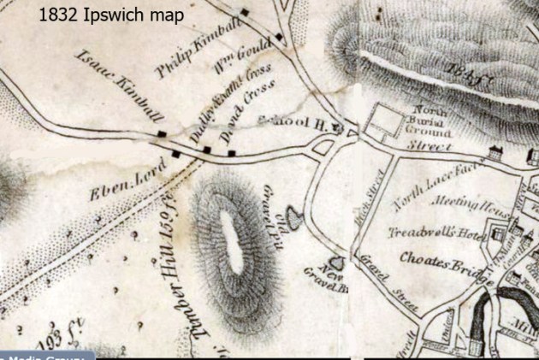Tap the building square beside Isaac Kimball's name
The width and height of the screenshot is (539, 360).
point(161,134)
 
